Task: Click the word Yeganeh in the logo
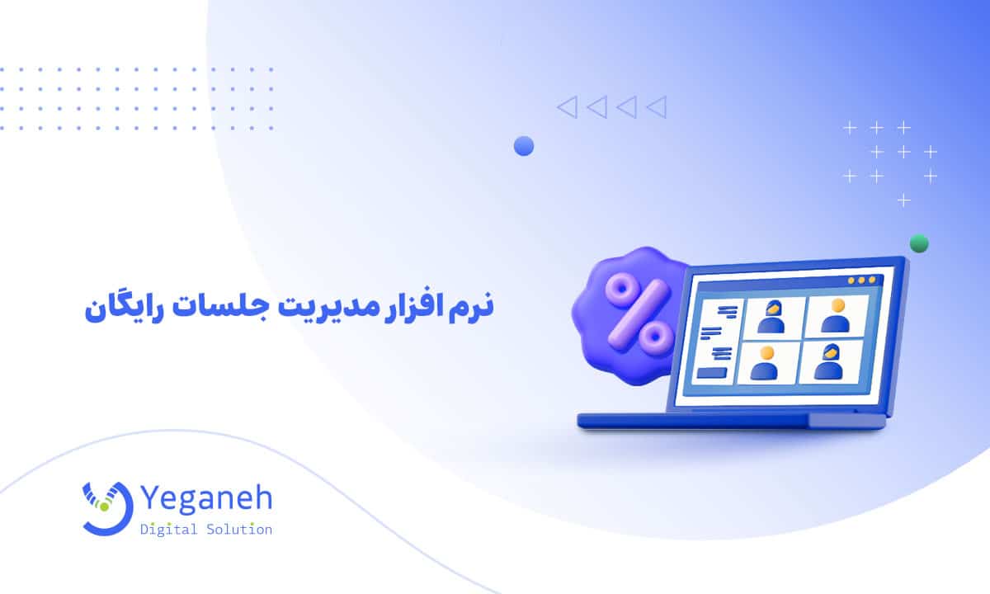[205, 500]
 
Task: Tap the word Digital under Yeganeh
[169, 530]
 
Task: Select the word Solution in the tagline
[238, 530]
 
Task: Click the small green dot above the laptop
[918, 243]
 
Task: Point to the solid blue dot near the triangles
[524, 146]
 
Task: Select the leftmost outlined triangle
[566, 106]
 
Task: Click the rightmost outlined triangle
[657, 106]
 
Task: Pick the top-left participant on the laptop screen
[771, 318]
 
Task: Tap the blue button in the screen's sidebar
[711, 373]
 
